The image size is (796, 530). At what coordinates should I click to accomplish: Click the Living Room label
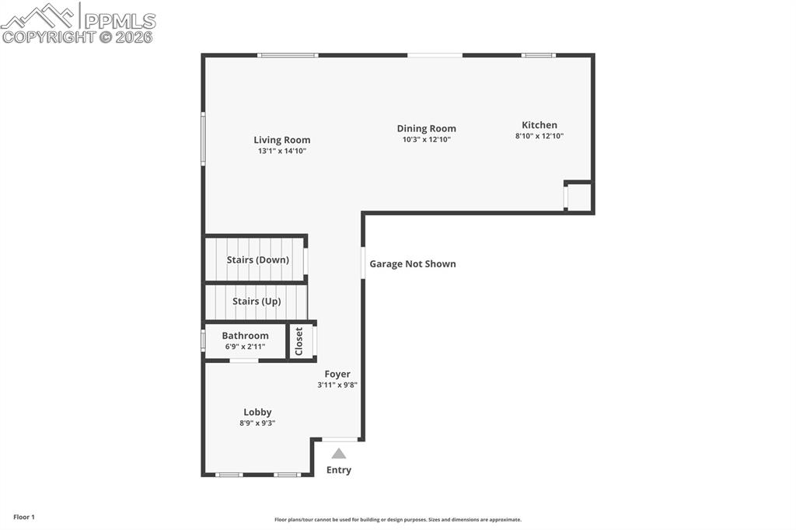coord(281,141)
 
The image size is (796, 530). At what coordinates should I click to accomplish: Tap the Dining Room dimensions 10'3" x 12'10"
coord(426,140)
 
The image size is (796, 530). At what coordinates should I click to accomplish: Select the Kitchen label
coord(539,125)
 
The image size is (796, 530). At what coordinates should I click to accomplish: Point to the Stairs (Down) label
coord(257,260)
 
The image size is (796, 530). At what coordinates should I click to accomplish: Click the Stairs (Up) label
coord(257,302)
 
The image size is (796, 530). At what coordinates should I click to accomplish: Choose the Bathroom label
coord(245,336)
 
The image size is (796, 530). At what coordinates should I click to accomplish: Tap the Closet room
coord(299,341)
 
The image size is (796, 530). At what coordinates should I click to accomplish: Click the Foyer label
coord(337,374)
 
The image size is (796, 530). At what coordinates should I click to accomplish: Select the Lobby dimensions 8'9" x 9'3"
coord(257,424)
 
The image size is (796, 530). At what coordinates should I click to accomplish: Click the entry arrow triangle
coord(339,454)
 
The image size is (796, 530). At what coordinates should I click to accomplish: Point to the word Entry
coord(339,470)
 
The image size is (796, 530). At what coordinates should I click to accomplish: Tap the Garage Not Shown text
coord(412,264)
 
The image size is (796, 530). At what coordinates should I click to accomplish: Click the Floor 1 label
coord(24,517)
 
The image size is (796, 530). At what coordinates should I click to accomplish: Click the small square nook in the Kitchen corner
coord(580,197)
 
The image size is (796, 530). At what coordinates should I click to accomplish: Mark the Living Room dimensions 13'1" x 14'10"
coord(281,151)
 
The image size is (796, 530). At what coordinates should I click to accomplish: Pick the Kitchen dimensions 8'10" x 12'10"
coord(539,136)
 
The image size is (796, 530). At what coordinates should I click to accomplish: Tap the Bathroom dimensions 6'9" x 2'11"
coord(245,347)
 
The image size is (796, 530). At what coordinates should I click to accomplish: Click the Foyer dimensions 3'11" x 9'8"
coord(337,385)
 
